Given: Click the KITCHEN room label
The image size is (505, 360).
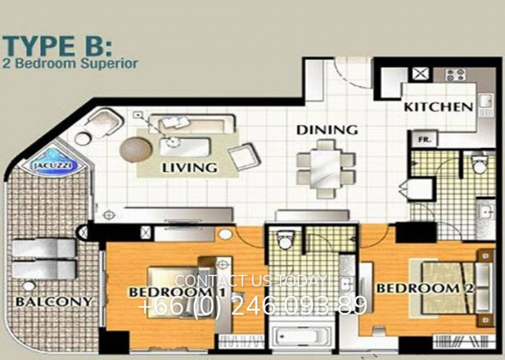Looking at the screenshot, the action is (438, 107).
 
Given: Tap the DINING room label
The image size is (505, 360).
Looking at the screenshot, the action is (327, 130).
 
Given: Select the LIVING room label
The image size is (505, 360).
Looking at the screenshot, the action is (189, 168).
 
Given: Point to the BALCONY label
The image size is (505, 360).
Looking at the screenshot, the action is (54, 302).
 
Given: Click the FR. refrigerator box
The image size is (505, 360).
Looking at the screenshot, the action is (423, 139).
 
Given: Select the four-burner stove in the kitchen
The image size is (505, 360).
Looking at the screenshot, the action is (454, 75).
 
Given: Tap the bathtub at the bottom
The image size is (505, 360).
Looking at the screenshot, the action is (301, 336).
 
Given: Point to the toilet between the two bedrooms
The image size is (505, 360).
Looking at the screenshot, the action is (285, 239).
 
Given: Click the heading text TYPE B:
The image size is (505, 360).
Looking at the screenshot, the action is (58, 46).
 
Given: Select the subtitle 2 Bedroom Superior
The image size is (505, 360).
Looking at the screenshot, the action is (70, 63).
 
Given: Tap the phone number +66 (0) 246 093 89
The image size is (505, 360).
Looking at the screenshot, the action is (252, 305).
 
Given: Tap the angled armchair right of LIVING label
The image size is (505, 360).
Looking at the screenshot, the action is (244, 157).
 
